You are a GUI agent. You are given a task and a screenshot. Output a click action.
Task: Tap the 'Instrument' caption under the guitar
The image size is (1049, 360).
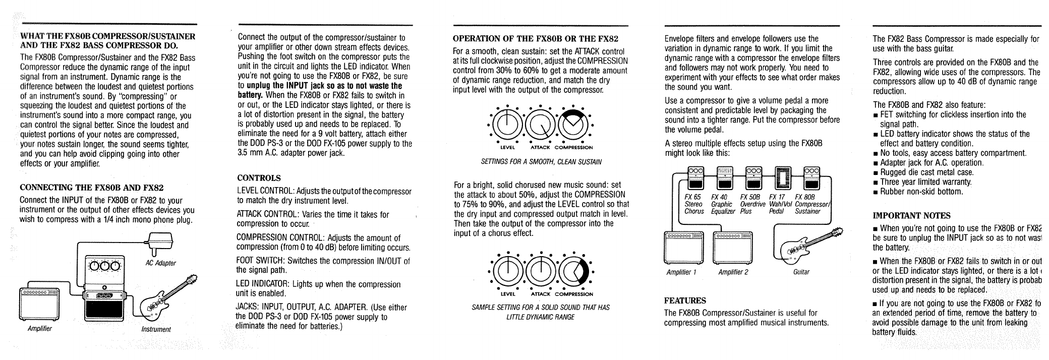(x=156, y=330)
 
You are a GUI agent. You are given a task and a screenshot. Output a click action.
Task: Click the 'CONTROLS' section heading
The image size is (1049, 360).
(x=259, y=178)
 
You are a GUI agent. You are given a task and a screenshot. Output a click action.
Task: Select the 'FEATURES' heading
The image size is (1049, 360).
(x=685, y=301)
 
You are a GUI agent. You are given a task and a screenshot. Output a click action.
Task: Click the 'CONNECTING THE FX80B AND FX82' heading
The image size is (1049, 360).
(x=91, y=188)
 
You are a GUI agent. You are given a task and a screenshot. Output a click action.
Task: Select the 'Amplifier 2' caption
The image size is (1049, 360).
(x=733, y=272)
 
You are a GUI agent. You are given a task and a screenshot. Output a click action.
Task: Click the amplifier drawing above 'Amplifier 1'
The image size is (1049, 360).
(x=685, y=247)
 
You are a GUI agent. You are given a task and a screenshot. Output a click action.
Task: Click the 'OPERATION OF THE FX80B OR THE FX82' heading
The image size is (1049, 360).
(x=536, y=38)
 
